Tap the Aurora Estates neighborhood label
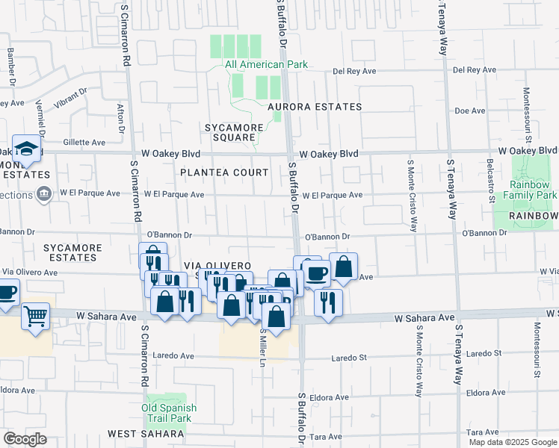(315, 107)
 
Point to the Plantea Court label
(224, 172)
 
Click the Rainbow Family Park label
(533, 190)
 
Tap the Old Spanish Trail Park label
(169, 413)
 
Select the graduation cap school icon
(26, 149)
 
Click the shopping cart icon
(36, 317)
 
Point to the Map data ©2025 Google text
(513, 442)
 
